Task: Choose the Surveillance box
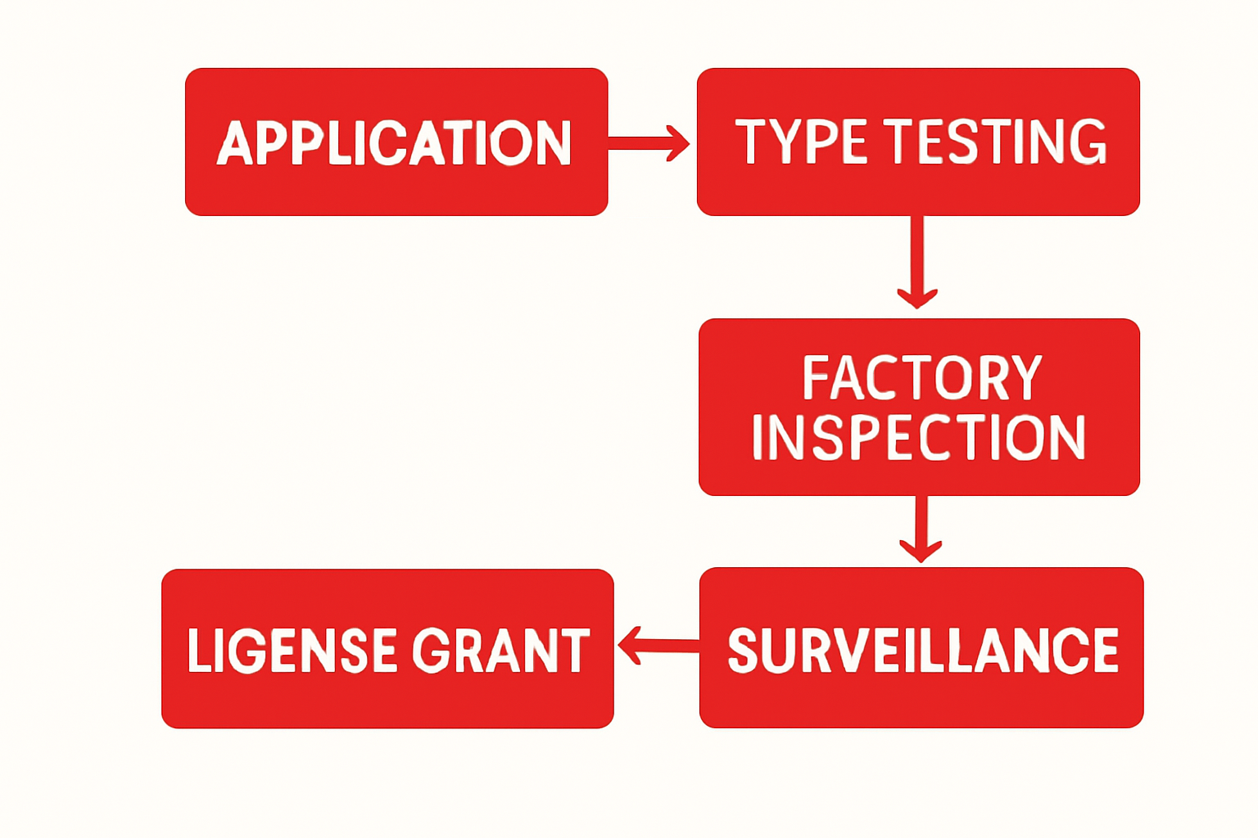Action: pyautogui.click(x=921, y=704)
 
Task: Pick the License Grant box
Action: pyautogui.click(x=387, y=704)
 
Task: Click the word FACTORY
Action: pyautogui.click(x=921, y=377)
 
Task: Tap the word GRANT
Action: pyautogui.click(x=500, y=651)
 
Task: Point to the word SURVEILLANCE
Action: pyautogui.click(x=922, y=651)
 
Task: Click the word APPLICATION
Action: pyautogui.click(x=394, y=144)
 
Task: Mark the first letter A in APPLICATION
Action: pyautogui.click(x=233, y=144)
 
